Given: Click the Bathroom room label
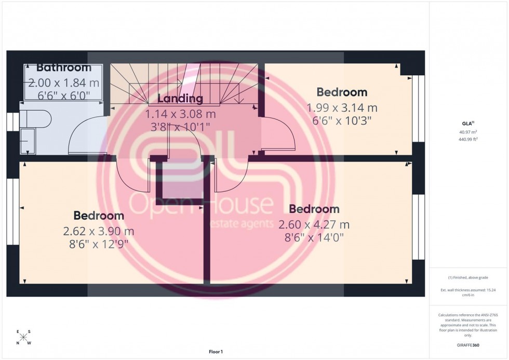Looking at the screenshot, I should click(64, 68).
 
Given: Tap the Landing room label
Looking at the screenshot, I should click(180, 99).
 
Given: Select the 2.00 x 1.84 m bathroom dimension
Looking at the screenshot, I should click(63, 83).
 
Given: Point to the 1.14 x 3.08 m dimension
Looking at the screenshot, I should click(180, 114).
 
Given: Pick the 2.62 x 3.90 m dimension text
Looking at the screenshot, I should click(99, 230).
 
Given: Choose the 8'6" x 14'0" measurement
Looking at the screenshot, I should click(314, 237).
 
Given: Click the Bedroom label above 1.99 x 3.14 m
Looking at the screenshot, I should click(342, 92).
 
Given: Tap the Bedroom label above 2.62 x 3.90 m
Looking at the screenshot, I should click(99, 215).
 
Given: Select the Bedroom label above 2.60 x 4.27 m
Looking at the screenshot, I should click(314, 209).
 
